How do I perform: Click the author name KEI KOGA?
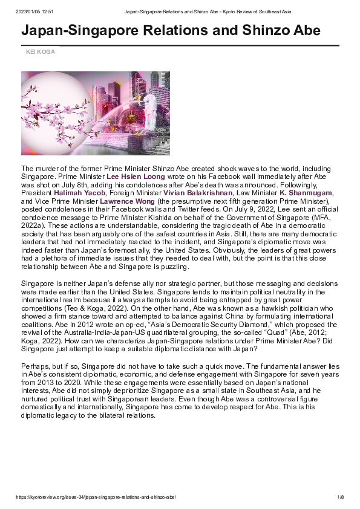click(40, 52)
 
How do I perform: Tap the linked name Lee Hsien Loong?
click(136, 177)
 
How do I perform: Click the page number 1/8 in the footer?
click(340, 497)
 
